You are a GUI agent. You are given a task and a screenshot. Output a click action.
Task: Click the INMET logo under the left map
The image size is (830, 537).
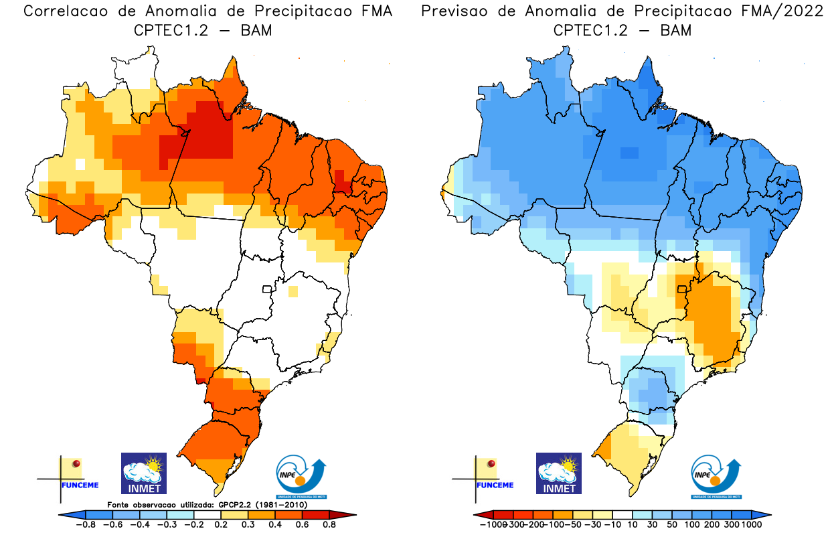[x=143, y=473]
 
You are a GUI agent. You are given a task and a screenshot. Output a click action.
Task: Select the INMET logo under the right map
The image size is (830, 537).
[x=559, y=473]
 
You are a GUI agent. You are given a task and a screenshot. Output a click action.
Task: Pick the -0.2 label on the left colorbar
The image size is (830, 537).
[x=193, y=524]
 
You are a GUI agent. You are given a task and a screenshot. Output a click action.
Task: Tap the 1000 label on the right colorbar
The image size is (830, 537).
[x=751, y=524]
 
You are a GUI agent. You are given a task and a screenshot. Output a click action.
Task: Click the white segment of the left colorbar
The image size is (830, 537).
[x=207, y=514]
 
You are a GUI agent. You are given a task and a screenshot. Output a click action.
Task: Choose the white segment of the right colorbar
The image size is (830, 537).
[x=622, y=515]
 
